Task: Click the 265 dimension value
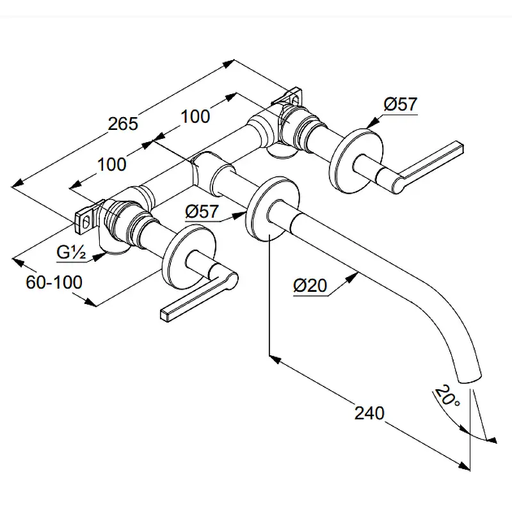click(x=123, y=124)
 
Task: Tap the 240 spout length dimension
click(x=369, y=413)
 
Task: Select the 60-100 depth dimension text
click(x=54, y=282)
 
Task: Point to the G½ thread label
click(x=71, y=252)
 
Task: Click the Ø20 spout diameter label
click(x=310, y=285)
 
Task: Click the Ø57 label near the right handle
click(x=401, y=104)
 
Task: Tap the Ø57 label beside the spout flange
click(x=202, y=211)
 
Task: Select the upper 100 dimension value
click(x=195, y=116)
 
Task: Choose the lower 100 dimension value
click(x=111, y=164)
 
